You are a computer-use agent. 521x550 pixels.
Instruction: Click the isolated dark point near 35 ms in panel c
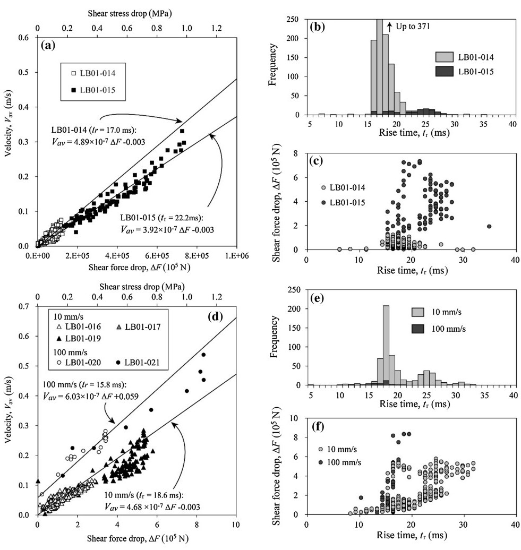[x=489, y=227]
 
